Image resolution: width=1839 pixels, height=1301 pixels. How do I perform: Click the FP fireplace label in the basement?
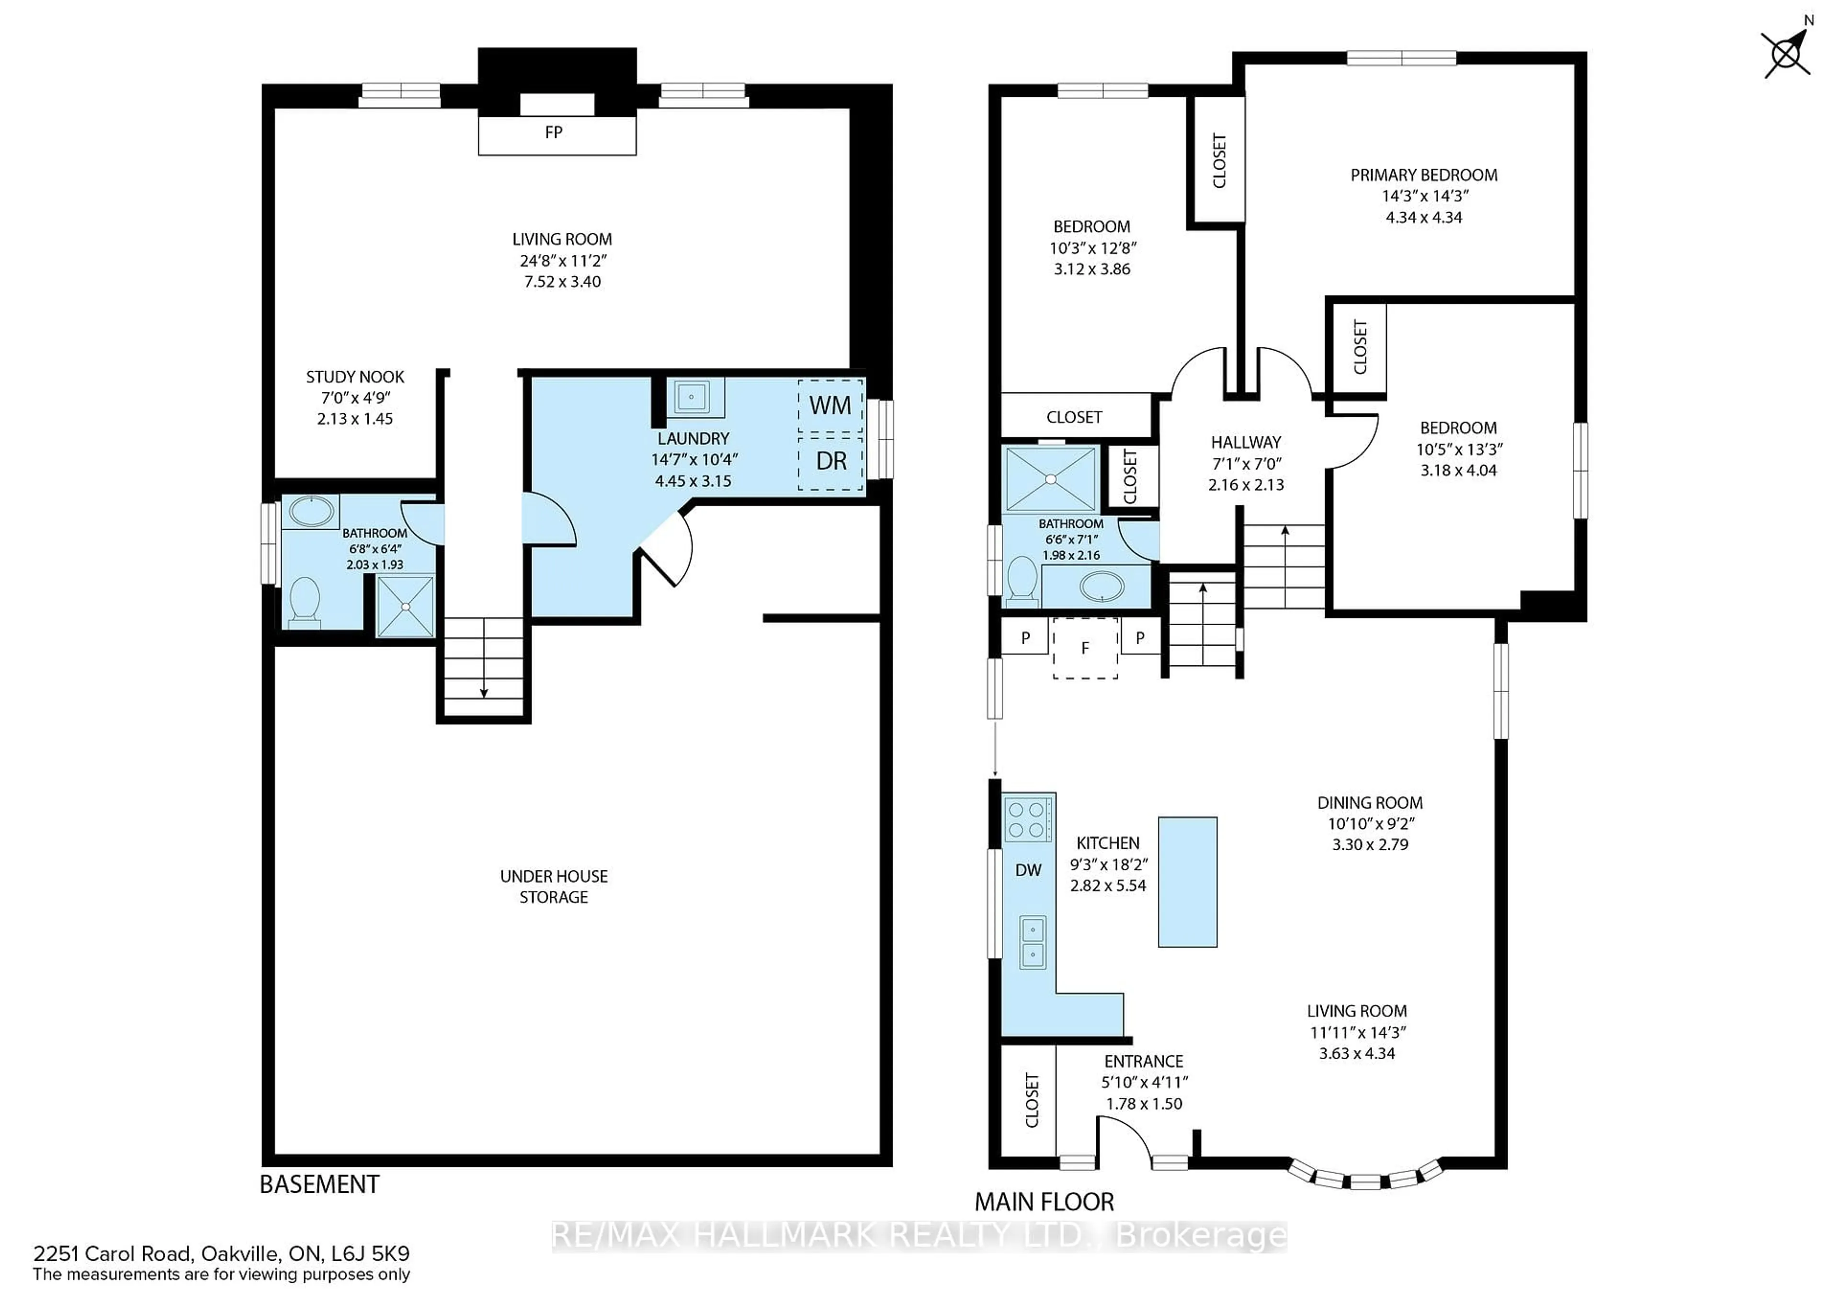(554, 132)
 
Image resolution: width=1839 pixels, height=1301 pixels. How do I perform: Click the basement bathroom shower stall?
(405, 606)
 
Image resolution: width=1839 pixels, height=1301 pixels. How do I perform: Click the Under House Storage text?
(554, 886)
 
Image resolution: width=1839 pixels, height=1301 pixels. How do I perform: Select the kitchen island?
(1187, 881)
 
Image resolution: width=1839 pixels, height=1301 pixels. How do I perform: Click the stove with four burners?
(1028, 819)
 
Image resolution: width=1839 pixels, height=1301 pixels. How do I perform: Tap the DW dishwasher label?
(1028, 870)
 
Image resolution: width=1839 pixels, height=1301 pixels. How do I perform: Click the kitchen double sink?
(1033, 942)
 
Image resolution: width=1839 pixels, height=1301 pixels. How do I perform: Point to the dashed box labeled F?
(1085, 648)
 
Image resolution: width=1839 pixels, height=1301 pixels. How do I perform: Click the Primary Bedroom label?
(1423, 175)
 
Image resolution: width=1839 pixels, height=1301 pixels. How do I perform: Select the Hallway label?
(1246, 442)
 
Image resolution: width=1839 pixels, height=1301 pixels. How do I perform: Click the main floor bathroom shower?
(1050, 479)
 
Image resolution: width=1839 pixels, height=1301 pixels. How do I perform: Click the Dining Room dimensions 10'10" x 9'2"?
(1370, 823)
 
